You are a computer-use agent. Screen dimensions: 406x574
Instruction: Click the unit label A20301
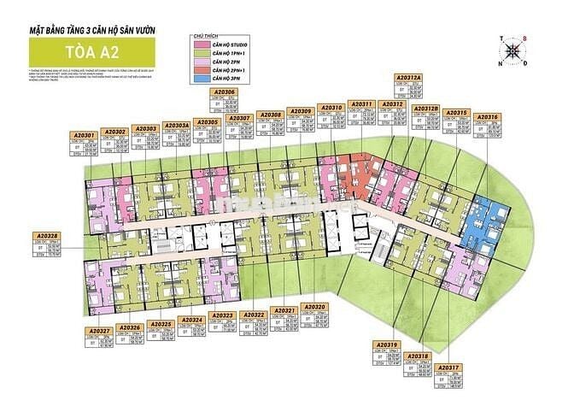point(82,135)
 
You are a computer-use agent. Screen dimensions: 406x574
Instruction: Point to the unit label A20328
point(47,236)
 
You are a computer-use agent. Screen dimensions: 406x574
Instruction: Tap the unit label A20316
point(488,115)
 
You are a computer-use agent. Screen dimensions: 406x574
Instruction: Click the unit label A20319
point(386,344)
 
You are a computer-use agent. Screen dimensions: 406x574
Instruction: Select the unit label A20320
point(314,307)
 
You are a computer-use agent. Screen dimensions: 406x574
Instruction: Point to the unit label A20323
point(223,315)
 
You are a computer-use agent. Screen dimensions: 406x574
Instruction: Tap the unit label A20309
point(301,111)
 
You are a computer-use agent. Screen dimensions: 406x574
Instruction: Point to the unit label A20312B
point(425,109)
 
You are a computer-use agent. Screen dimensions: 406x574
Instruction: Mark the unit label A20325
point(161,325)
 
